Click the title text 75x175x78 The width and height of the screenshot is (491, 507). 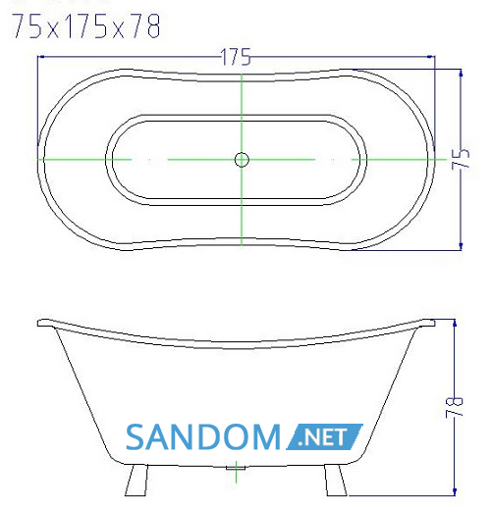point(86,26)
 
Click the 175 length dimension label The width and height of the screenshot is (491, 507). point(236,57)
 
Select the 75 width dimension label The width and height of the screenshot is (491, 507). point(460,159)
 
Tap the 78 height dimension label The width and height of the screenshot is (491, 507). point(455,407)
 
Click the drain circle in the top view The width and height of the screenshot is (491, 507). point(242,160)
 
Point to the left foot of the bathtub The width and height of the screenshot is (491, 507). point(136,481)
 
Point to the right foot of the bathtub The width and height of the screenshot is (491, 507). point(336,481)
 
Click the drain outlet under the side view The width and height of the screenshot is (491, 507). point(236,468)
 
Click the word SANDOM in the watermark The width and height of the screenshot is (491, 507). point(203,436)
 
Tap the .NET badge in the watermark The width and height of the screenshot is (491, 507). point(324,436)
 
